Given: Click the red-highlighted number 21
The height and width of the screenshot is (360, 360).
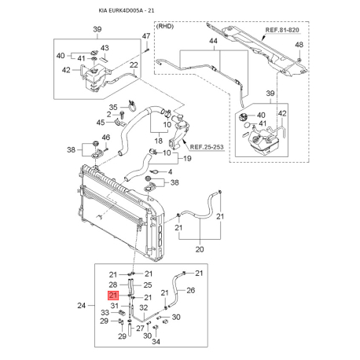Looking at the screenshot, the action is click(x=114, y=296).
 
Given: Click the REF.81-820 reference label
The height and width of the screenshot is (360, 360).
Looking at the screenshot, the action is click(x=282, y=30).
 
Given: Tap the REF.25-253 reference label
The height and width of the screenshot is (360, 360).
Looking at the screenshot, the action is click(x=207, y=147).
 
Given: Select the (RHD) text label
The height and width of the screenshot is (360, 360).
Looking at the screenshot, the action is click(x=165, y=26).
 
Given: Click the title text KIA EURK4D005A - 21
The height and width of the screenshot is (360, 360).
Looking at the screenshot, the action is click(x=127, y=10).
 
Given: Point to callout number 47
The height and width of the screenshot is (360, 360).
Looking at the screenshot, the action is click(x=146, y=36).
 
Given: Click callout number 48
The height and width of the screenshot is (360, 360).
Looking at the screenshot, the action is click(x=299, y=45).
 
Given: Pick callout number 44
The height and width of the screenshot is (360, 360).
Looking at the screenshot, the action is click(x=213, y=41).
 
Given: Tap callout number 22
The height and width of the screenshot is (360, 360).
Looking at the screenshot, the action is click(x=134, y=64).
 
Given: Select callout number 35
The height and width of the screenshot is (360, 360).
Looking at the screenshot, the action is click(x=113, y=107).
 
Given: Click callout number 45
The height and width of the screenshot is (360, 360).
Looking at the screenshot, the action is click(x=101, y=123).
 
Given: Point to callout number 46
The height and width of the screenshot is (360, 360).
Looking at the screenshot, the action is click(x=106, y=138).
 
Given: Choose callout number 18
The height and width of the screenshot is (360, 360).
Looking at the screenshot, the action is click(x=159, y=141).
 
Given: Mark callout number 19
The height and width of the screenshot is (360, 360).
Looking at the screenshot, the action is click(x=187, y=158).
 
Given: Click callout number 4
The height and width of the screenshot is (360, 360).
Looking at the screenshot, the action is click(x=171, y=172).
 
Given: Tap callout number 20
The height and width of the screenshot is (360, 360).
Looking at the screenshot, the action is click(x=200, y=249).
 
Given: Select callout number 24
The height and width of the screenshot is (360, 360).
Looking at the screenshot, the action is click(x=82, y=305).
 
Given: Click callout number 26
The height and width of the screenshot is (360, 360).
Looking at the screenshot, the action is click(x=190, y=290).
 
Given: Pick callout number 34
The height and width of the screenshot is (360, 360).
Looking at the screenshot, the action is click(x=156, y=341).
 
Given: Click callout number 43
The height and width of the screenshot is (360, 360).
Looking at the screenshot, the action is click(x=105, y=48).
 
